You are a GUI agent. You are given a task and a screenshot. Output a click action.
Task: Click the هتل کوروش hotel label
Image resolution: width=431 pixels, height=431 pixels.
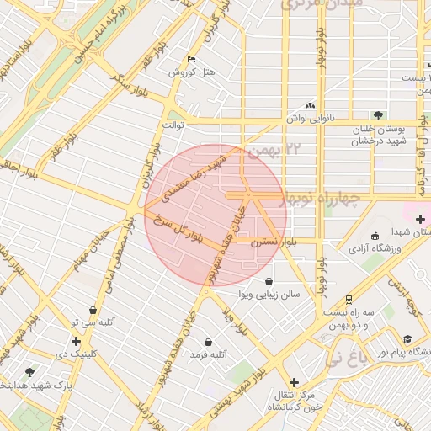tap(191, 72)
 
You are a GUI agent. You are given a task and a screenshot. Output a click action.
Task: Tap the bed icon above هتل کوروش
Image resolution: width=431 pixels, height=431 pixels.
tap(191, 60)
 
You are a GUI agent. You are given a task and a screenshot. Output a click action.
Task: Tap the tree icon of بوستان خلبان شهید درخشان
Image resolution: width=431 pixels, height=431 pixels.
tap(378, 115)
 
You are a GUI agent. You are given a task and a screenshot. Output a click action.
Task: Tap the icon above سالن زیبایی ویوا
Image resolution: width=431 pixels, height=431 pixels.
tap(269, 282)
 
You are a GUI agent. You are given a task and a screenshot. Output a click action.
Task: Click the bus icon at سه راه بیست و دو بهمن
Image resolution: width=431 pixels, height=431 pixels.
tap(349, 300)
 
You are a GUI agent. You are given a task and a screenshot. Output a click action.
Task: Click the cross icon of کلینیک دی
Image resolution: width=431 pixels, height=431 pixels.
tap(77, 341)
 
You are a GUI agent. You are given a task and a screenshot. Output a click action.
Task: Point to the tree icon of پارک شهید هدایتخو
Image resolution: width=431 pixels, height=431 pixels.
tap(30, 371)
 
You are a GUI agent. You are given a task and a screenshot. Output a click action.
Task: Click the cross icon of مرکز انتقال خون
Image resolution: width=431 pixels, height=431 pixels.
tap(294, 382)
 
